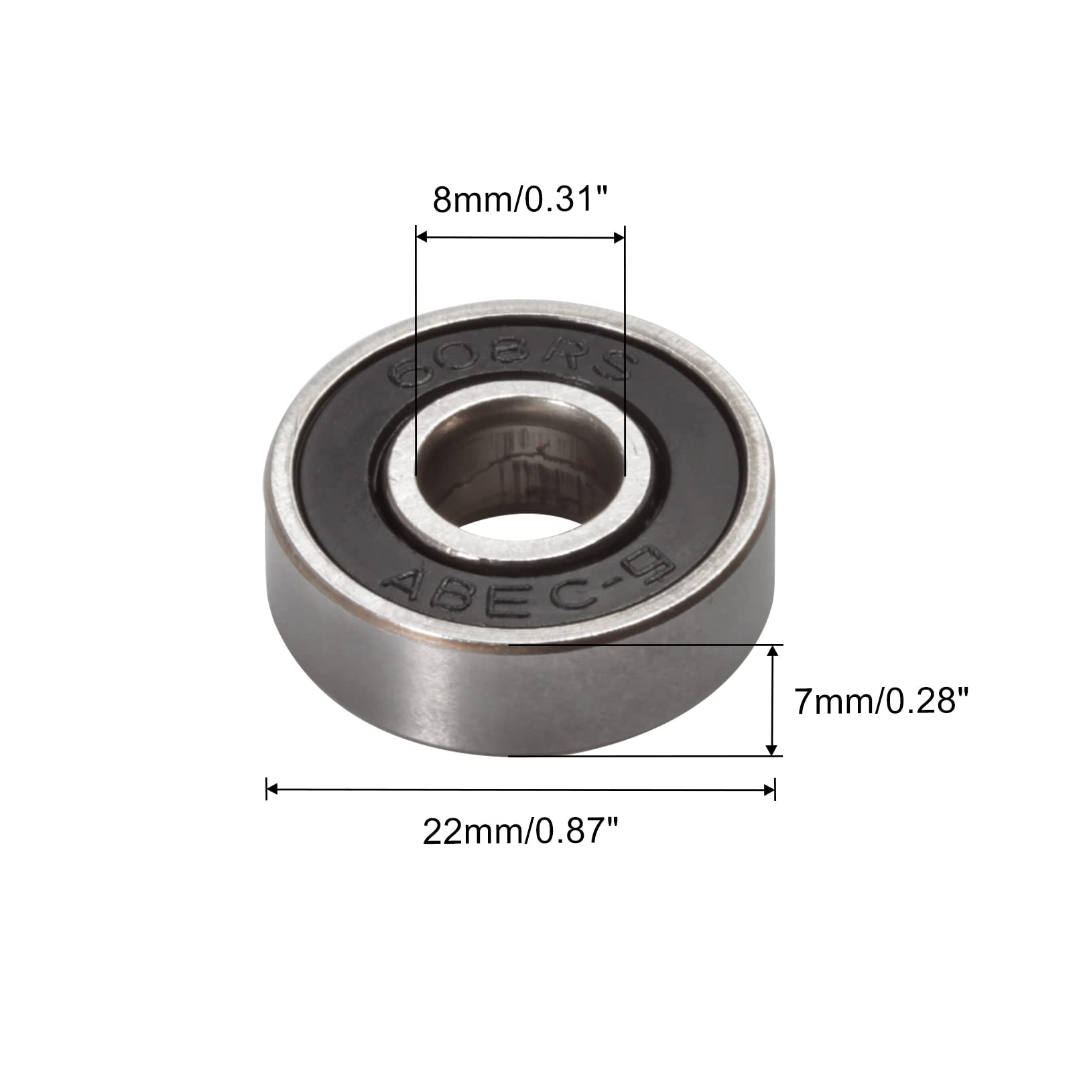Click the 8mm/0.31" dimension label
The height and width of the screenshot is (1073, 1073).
[x=520, y=200]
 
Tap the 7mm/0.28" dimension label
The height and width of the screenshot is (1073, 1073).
[x=882, y=702]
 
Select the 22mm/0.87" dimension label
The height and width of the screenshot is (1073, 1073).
[x=520, y=832]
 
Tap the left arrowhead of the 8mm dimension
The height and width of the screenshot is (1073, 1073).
[x=423, y=237]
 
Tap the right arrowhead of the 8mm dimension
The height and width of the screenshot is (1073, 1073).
[x=617, y=237]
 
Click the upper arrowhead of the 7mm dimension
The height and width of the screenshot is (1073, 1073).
[x=774, y=653]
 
